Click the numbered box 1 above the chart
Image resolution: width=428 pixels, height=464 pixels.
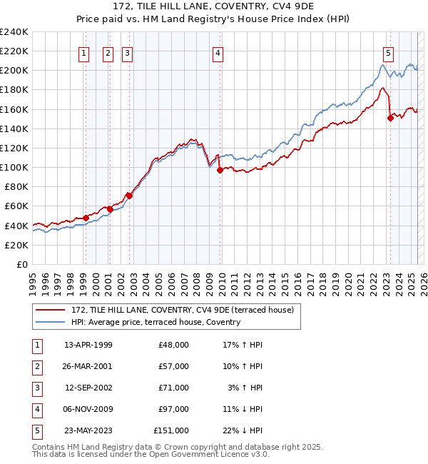pos(84,52)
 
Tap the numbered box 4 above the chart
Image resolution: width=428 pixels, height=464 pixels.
pos(217,52)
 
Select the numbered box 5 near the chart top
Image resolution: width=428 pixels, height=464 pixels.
pos(388,52)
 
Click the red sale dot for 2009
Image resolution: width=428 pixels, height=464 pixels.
pos(220,170)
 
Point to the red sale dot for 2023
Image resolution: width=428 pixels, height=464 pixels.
pos(390,118)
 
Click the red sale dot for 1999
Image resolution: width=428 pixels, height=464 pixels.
pos(86,218)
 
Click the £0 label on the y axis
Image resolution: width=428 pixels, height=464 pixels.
pos(21,264)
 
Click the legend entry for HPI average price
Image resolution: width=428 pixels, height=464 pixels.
pos(156,322)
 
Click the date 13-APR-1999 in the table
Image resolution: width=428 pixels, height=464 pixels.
pos(88,345)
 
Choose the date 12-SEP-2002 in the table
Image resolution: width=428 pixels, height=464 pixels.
pos(88,388)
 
